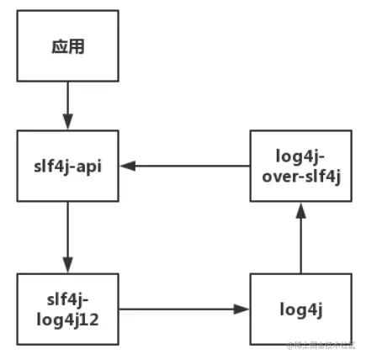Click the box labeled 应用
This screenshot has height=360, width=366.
[67, 46]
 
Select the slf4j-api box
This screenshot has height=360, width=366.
[67, 165]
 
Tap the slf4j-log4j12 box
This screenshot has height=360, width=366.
[67, 309]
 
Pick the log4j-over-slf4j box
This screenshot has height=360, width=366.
[300, 165]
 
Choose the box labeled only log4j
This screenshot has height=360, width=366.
[300, 309]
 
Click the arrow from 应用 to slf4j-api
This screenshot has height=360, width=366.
[67, 105]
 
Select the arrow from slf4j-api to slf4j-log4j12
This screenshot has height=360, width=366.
[67, 236]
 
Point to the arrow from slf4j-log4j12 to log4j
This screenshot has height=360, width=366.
[185, 309]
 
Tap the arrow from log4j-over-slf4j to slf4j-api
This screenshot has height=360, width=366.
[185, 165]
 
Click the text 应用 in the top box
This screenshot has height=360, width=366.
[67, 46]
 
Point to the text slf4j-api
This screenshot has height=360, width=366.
[67, 165]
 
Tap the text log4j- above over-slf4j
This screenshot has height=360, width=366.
[300, 156]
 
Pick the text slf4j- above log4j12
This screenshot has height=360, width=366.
[67, 299]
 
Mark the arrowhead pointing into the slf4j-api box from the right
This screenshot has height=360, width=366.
[125, 165]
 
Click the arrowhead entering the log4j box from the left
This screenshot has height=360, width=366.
[243, 309]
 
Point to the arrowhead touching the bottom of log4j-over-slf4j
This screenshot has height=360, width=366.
[300, 207]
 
